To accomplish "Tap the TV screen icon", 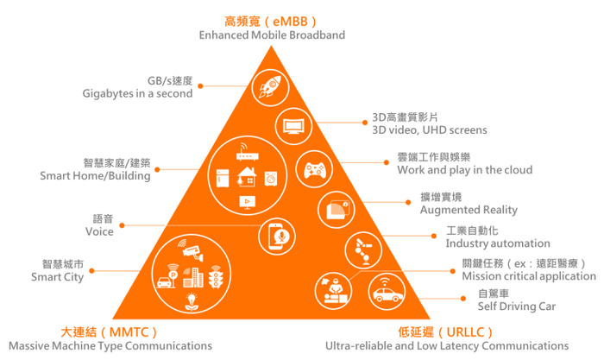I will click(294, 126).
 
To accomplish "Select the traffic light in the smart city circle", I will click(216, 279).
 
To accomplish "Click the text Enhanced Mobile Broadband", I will click(272, 35).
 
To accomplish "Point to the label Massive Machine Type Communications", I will click(110, 345).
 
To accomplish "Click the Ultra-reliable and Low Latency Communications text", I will click(437, 345).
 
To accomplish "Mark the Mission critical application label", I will click(528, 276).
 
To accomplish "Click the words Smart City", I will click(57, 278).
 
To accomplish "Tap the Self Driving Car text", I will click(516, 306).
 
